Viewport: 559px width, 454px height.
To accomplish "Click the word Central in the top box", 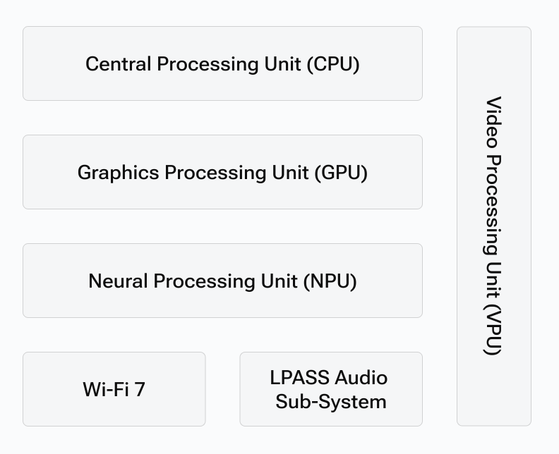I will [x=118, y=64].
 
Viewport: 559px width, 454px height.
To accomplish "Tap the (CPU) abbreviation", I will [x=333, y=64].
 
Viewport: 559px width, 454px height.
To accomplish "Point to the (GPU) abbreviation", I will [x=341, y=173].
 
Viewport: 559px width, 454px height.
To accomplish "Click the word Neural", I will [x=119, y=281].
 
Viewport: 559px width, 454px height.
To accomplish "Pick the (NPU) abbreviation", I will [x=330, y=281].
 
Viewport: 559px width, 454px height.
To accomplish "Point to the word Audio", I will [x=361, y=377].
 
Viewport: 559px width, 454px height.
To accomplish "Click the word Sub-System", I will [x=331, y=402].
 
